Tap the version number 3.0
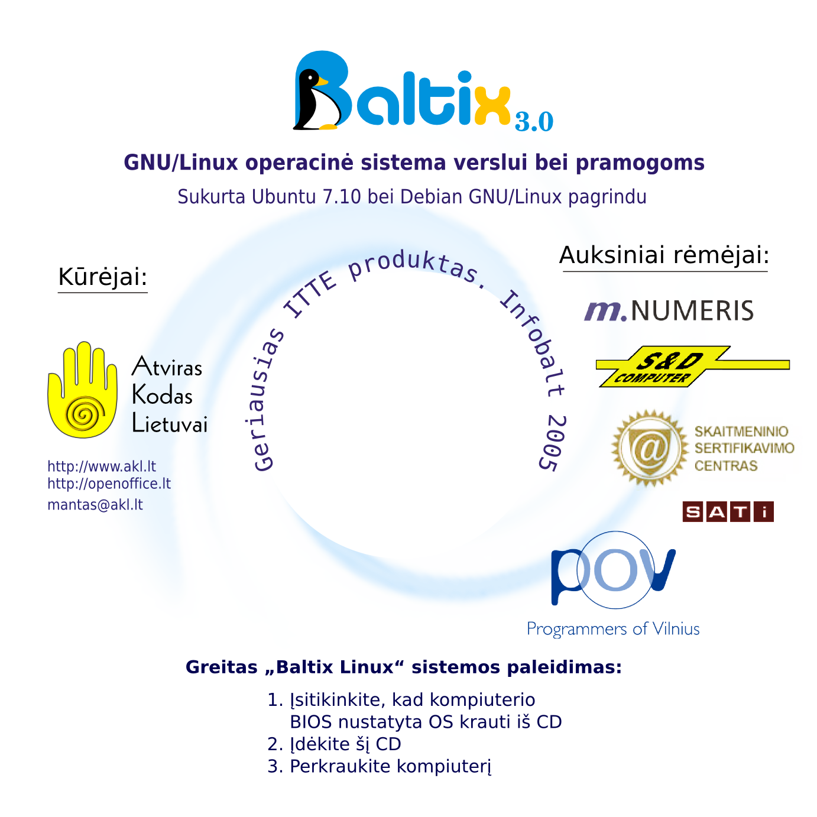click(x=533, y=121)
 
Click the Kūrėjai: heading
click(x=102, y=277)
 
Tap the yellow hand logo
click(x=82, y=390)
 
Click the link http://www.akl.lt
click(x=101, y=466)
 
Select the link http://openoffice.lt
click(x=109, y=484)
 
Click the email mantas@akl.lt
click(x=95, y=505)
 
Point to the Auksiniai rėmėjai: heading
click(x=664, y=255)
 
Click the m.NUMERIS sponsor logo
click(x=669, y=310)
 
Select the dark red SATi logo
click(x=728, y=511)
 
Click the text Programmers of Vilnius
click(x=613, y=628)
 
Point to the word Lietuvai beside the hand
click(x=170, y=424)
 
